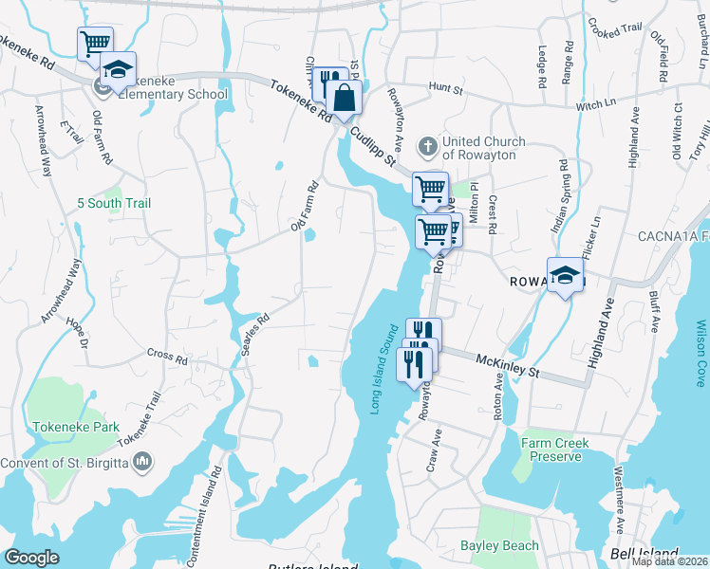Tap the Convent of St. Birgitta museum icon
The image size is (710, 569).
click(x=143, y=462)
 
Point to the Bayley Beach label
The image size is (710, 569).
click(x=499, y=545)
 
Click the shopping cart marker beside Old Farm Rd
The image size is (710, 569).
click(x=95, y=43)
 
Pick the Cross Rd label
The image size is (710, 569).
click(x=167, y=357)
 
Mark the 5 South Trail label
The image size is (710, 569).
click(x=115, y=203)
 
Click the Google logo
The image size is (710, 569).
click(x=32, y=558)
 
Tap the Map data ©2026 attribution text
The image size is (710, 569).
click(x=670, y=561)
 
